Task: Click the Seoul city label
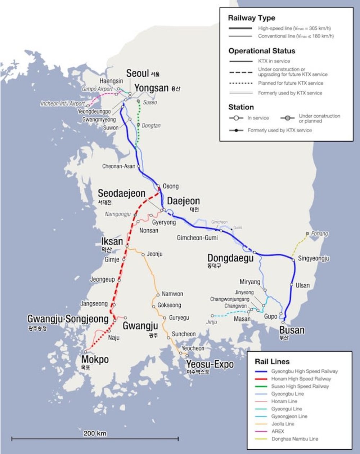[x=137, y=73]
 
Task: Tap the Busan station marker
[x=283, y=322]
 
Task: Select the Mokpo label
[x=95, y=359]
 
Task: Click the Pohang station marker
[x=307, y=233]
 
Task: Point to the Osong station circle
[x=158, y=186]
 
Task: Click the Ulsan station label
[x=302, y=285]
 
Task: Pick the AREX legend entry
[x=278, y=431]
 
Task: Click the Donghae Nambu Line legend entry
[x=294, y=439]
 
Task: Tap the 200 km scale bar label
[x=95, y=433]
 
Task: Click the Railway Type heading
[x=251, y=18]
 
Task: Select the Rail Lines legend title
[x=272, y=361]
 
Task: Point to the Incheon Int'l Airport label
[x=63, y=104]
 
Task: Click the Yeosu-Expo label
[x=210, y=364]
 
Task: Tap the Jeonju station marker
[x=143, y=254]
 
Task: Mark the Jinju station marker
[x=212, y=316]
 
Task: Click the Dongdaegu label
[x=230, y=258]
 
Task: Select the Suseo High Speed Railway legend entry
[x=300, y=386]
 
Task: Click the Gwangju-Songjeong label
[x=68, y=319]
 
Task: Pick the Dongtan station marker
[x=138, y=125]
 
